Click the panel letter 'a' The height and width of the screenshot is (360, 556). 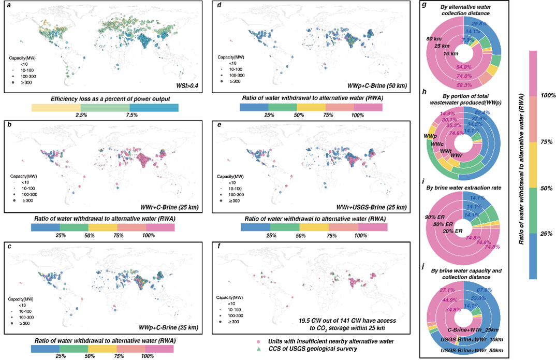[7, 5]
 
